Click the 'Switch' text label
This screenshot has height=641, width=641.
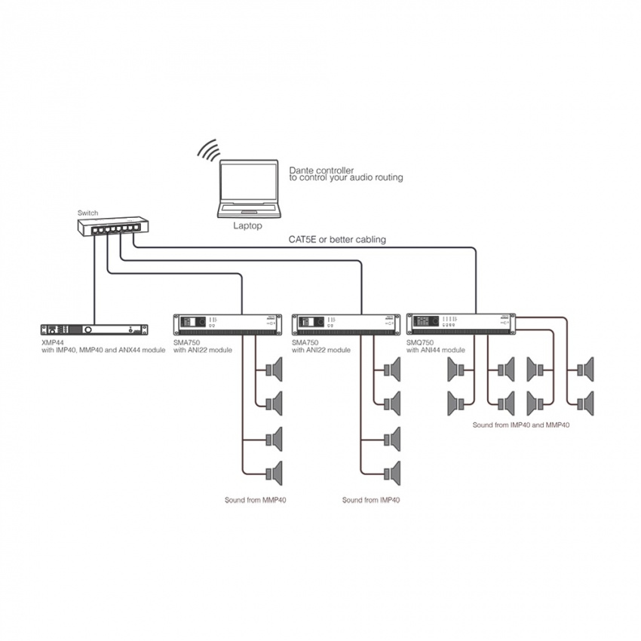tap(88, 213)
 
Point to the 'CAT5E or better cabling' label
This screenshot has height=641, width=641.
tap(337, 240)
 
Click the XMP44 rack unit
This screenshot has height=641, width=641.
tap(94, 330)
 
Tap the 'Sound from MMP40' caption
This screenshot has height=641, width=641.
tap(256, 500)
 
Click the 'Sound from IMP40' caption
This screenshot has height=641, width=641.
tap(371, 500)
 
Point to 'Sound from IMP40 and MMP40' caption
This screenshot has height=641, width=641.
tap(520, 425)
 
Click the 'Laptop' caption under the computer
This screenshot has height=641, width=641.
tap(248, 225)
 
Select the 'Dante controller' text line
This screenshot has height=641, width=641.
tap(321, 170)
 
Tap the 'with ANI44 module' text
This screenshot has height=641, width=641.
tap(437, 350)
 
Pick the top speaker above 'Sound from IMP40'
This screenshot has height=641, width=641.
tap(391, 370)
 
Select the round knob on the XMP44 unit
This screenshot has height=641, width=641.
tap(89, 330)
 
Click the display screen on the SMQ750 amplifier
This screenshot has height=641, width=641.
tap(425, 322)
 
